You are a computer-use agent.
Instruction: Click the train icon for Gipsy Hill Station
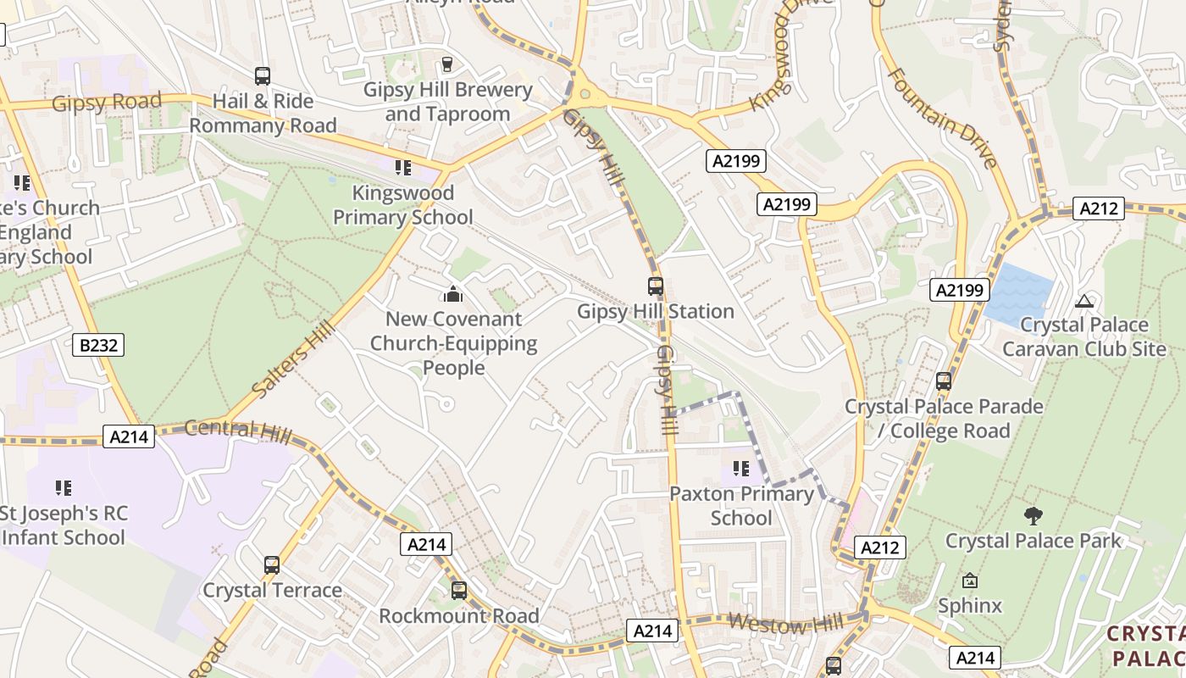655,286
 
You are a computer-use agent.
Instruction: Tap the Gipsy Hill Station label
655,311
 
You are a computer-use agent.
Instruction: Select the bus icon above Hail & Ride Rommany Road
263,76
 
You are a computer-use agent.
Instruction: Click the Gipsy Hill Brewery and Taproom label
447,102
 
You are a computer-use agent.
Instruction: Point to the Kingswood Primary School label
402,205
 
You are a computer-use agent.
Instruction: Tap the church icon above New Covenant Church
453,294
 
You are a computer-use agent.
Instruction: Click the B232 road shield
99,345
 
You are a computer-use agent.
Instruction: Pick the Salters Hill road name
288,362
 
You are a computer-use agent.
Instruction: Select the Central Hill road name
237,431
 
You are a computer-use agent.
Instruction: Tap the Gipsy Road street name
106,103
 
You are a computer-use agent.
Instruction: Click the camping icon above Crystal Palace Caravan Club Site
1083,301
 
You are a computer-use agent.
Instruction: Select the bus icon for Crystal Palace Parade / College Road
944,381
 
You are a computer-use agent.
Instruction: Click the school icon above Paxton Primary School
741,469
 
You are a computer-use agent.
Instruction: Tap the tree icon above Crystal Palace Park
1033,515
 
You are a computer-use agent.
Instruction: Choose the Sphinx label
969,605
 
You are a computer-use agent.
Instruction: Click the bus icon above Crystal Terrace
271,565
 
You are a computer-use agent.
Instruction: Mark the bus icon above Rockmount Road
458,591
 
